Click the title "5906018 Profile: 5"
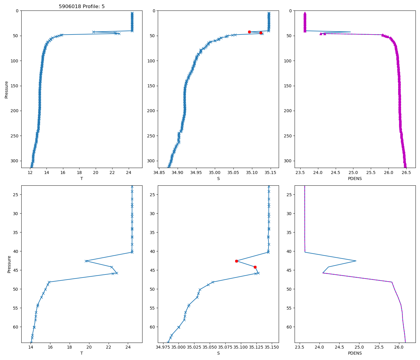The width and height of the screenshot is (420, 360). click(82, 7)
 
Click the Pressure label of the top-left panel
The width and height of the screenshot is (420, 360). click(7, 89)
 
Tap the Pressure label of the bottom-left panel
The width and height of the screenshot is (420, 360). click(9, 264)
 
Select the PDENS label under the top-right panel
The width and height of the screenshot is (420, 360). click(355, 178)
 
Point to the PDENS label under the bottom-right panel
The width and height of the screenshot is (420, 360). click(355, 353)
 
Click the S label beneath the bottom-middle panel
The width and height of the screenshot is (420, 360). click(218, 353)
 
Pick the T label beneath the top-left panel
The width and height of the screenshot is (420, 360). click(82, 178)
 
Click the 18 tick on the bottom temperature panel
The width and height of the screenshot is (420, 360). click(70, 347)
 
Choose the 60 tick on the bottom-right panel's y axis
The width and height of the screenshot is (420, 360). click(290, 327)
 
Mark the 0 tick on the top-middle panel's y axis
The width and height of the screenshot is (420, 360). click(154, 11)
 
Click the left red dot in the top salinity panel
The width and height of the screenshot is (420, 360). click(249, 32)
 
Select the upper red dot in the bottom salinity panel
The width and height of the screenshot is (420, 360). click(236, 261)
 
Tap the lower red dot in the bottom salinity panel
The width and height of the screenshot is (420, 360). click(255, 267)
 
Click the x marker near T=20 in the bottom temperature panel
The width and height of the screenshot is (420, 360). click(86, 261)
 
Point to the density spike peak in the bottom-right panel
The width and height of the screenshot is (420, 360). click(356, 261)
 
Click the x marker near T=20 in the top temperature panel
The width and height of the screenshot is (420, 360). click(94, 32)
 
